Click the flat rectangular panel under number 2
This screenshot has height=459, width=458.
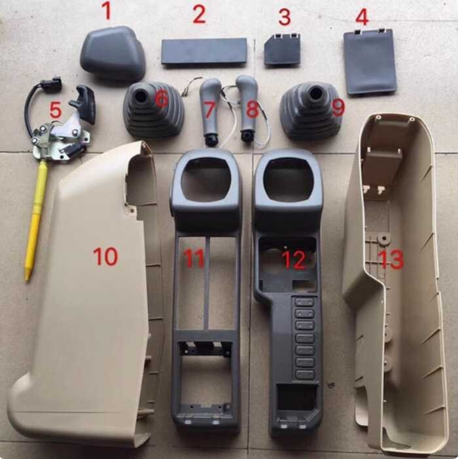[204, 51]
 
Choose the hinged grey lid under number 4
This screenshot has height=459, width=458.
[370, 62]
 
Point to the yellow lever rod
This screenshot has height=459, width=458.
[35, 216]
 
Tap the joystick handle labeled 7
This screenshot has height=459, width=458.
[212, 108]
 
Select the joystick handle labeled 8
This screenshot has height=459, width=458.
[247, 108]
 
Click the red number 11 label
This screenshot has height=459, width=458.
[194, 259]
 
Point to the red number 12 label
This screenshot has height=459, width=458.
[294, 260]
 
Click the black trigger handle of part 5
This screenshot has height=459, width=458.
[86, 101]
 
